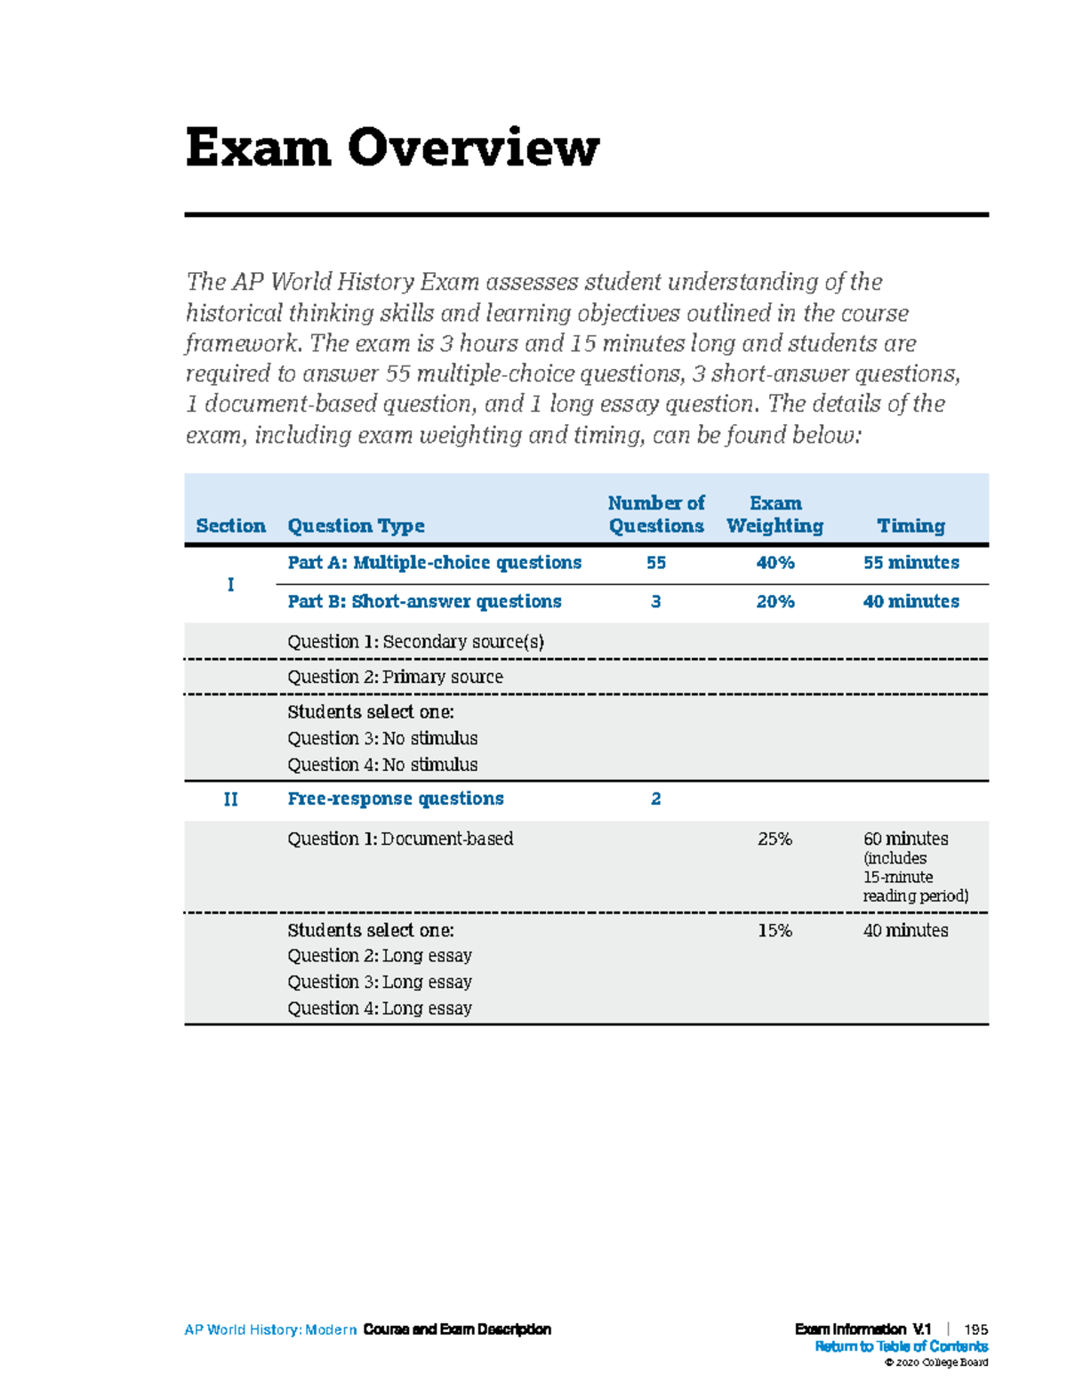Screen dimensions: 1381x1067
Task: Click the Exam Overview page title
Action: coord(392,148)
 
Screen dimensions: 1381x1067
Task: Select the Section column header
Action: coord(230,526)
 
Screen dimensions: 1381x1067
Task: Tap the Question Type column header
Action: coord(356,526)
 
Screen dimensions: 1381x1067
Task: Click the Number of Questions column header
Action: coord(656,515)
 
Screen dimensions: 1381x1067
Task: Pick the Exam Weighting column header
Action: coord(774,515)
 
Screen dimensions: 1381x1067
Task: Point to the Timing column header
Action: coord(911,526)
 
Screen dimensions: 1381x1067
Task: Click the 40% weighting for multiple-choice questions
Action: coord(774,563)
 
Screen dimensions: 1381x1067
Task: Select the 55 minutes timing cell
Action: coord(911,563)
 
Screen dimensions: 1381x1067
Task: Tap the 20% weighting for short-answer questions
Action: coord(774,602)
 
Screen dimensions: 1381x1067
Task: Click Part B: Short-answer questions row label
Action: coord(424,602)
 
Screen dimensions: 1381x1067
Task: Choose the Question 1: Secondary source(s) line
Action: coord(415,641)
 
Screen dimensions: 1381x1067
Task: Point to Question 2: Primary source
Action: coord(395,677)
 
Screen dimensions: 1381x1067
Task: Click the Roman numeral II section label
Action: coord(230,799)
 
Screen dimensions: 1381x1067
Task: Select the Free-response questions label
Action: coord(396,799)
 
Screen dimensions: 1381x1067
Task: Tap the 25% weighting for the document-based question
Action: coord(774,839)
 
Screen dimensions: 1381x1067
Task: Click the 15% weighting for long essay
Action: coord(774,930)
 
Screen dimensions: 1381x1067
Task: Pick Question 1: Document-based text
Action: coord(400,839)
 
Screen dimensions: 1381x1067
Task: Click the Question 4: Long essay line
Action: coord(380,1008)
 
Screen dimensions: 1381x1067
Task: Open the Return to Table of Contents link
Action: coord(901,1346)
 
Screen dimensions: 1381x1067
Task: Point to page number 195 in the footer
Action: coord(975,1329)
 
